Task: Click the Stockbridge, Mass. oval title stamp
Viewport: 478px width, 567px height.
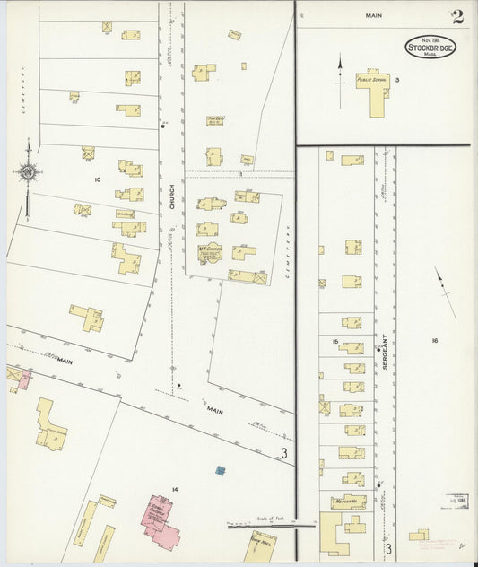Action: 430,47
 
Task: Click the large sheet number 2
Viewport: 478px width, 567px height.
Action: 457,16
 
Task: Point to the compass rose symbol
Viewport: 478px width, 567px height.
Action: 27,171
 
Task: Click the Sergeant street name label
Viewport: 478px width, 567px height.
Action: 380,346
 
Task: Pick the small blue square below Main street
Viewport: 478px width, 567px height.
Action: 221,470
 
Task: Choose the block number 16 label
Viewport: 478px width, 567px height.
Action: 434,341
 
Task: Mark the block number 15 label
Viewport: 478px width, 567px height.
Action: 335,342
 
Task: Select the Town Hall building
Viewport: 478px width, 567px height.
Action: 261,546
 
